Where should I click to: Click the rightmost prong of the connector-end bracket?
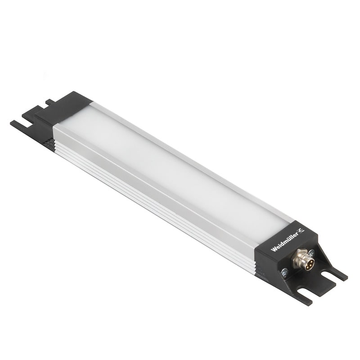(340, 274)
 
